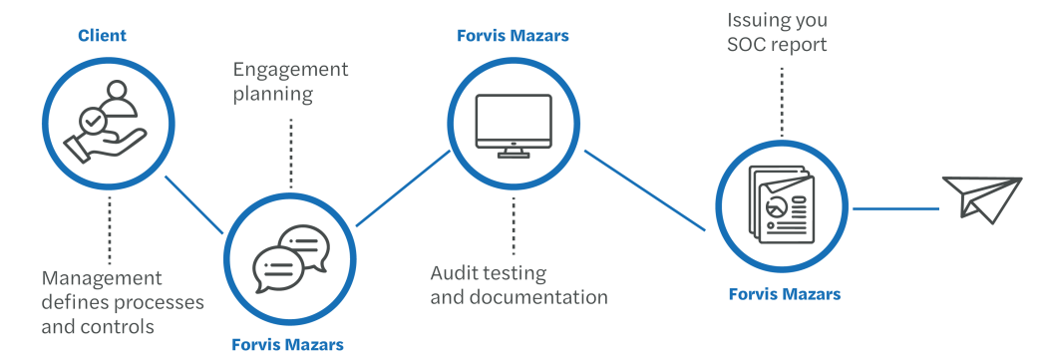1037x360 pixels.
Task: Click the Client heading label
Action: point(103,37)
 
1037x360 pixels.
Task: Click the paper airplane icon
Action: point(981,198)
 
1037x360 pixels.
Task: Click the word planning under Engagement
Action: point(273,95)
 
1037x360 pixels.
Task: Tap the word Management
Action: point(102,278)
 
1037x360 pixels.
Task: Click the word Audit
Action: point(452,272)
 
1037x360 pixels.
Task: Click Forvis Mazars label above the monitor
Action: point(513,37)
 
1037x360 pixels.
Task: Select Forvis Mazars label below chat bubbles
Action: point(288,345)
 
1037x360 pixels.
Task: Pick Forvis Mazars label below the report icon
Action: point(784,294)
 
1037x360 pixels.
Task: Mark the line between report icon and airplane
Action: point(895,209)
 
